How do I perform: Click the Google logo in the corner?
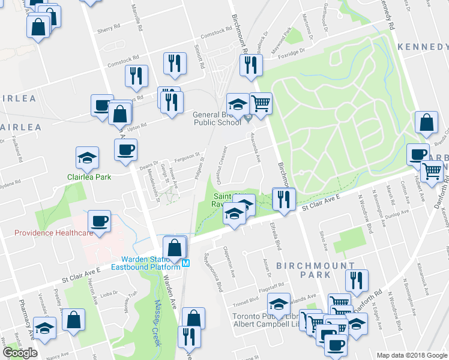click(20, 353)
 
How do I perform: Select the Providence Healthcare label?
click(53, 233)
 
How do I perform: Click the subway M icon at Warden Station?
click(187, 262)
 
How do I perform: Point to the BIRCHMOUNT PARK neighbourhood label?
click(304, 269)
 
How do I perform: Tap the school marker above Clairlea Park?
click(88, 158)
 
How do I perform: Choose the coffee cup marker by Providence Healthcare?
click(99, 221)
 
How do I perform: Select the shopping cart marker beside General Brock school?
click(261, 104)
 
